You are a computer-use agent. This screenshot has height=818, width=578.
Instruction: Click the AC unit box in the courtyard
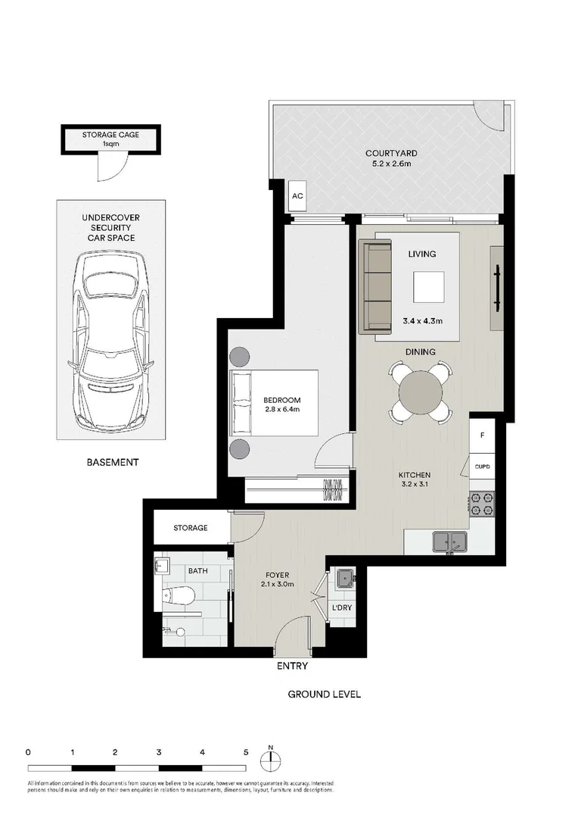tap(297, 196)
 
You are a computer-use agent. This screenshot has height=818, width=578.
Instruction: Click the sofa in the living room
tap(374, 286)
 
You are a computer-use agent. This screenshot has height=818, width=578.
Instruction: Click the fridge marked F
tap(482, 436)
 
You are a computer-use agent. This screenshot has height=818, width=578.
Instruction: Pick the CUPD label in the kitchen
tap(482, 467)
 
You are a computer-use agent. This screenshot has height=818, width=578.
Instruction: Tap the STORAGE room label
tap(190, 528)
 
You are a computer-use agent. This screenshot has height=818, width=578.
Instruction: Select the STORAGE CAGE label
tap(110, 139)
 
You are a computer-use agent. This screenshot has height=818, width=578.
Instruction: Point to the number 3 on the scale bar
tap(159, 753)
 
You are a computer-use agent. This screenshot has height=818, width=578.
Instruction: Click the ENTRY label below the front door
tap(292, 667)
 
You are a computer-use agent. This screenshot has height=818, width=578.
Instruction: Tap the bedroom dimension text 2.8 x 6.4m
tap(282, 411)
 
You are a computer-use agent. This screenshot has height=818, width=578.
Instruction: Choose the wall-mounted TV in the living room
tap(497, 289)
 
